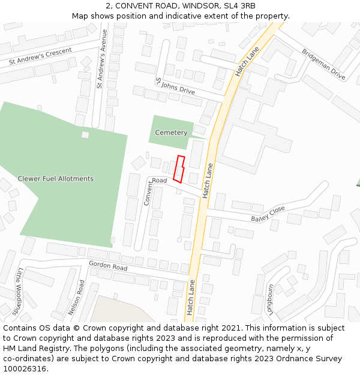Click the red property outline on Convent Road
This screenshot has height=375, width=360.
point(178,169)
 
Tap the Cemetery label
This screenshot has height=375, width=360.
point(171,133)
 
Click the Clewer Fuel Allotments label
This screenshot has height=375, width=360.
point(56,179)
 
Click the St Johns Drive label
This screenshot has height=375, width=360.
point(175,86)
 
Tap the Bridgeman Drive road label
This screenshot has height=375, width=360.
point(323,64)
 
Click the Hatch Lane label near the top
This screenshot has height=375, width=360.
point(247,61)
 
